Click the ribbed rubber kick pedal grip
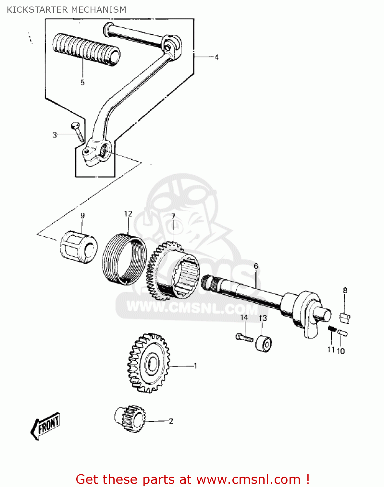pyautogui.click(x=86, y=49)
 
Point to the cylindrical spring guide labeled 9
pyautogui.click(x=79, y=247)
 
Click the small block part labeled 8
pyautogui.click(x=345, y=318)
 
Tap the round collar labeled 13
pyautogui.click(x=264, y=343)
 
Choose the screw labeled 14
pyautogui.click(x=244, y=338)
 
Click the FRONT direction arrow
pyautogui.click(x=45, y=426)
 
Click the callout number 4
pyautogui.click(x=217, y=57)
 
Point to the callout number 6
pyautogui.click(x=256, y=266)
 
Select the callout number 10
pyautogui.click(x=341, y=351)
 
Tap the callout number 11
pyautogui.click(x=331, y=350)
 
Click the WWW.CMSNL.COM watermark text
pyautogui.click(x=192, y=307)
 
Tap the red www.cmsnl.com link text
pyautogui.click(x=249, y=480)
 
